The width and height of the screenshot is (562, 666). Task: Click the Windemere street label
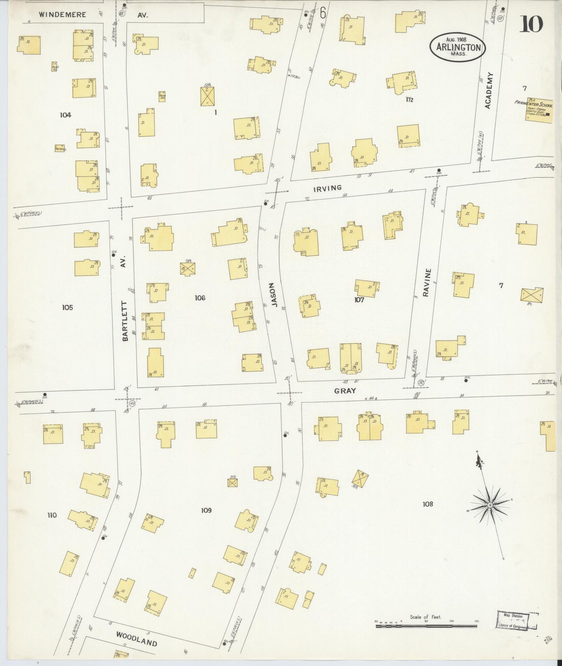[62, 14]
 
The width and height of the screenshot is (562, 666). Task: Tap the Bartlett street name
[125, 321]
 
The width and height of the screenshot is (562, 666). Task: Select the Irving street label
[327, 188]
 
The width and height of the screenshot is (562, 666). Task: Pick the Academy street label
[489, 90]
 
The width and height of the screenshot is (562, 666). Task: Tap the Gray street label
[345, 391]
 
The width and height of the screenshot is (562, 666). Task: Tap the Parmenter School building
[539, 110]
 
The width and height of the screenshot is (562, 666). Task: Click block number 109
[206, 510]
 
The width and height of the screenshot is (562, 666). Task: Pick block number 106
[200, 298]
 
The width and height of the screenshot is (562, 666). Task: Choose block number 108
[427, 504]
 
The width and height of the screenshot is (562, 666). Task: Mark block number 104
[65, 115]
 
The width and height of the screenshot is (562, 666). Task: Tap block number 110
[52, 515]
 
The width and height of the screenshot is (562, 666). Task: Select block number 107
[359, 300]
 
